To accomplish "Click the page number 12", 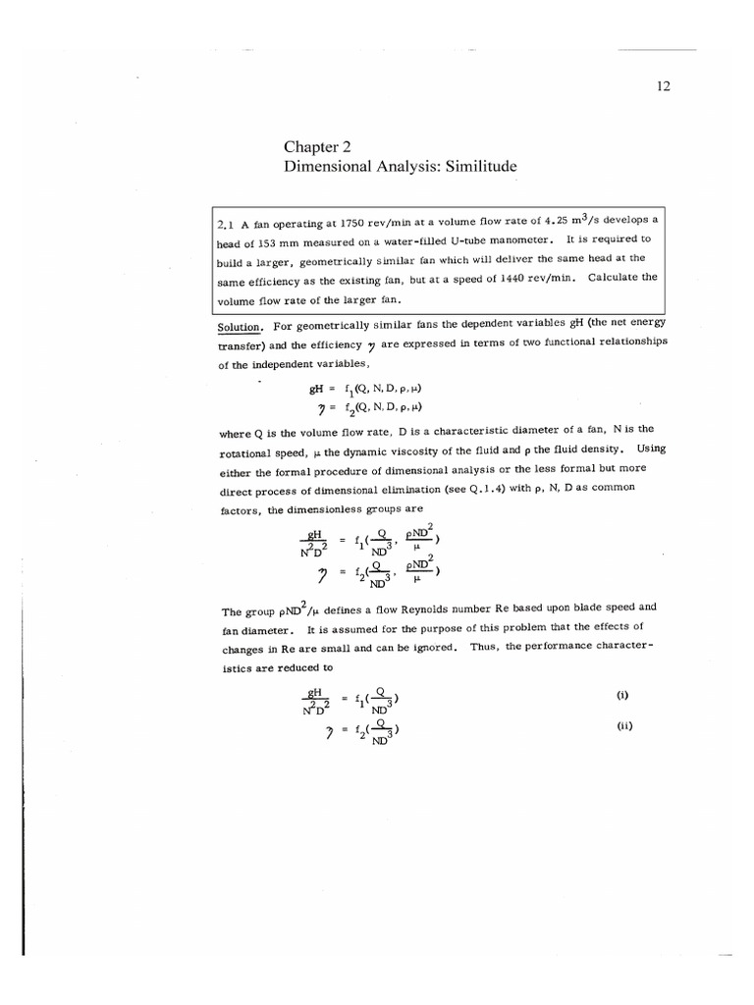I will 662,86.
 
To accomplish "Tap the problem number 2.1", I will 225,223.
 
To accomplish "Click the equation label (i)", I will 621,694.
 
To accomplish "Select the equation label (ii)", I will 623,726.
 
